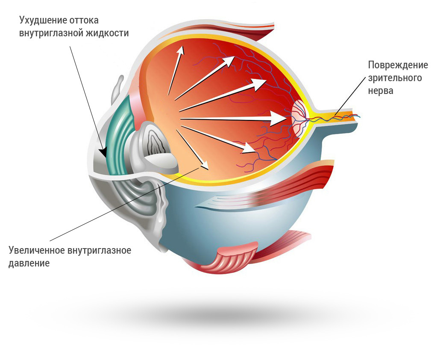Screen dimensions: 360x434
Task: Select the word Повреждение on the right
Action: click(x=398, y=65)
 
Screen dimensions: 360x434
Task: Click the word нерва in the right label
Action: click(x=381, y=91)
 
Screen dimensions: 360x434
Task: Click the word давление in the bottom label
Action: click(x=29, y=263)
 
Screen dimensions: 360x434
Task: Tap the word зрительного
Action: click(x=395, y=78)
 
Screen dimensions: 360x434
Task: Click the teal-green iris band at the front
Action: click(x=117, y=137)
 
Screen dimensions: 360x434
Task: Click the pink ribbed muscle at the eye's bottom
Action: click(x=233, y=258)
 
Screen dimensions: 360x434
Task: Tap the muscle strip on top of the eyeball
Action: click(x=252, y=30)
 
